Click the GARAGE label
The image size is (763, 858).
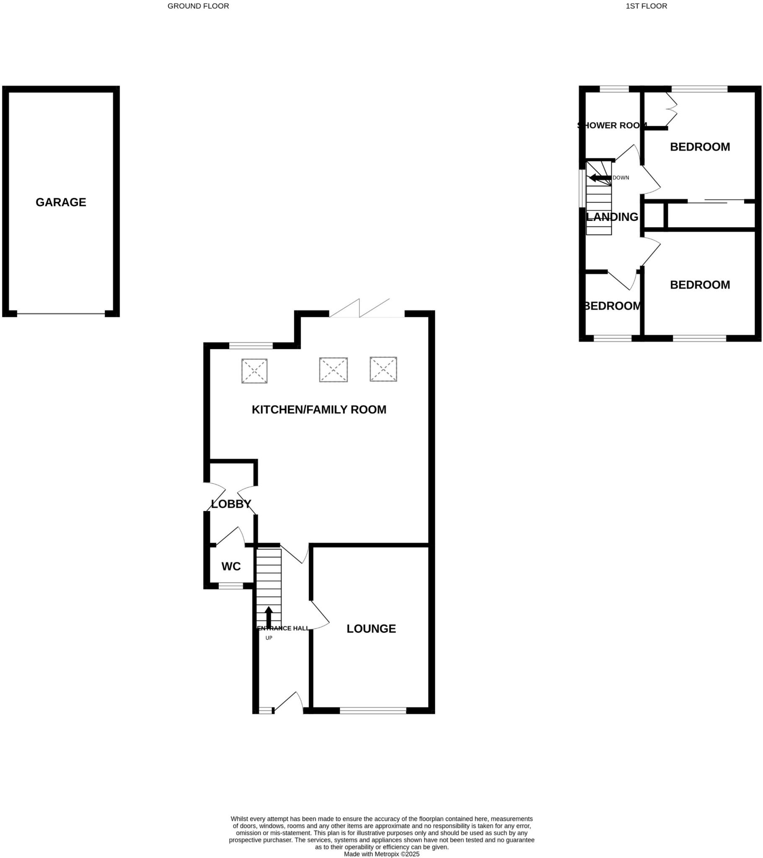click(61, 202)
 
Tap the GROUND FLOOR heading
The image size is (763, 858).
click(198, 6)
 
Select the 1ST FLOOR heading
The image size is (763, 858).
click(646, 6)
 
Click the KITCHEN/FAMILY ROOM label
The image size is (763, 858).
click(319, 410)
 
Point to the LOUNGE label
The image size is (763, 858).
click(371, 628)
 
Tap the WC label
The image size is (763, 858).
click(231, 566)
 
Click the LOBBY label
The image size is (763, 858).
click(231, 504)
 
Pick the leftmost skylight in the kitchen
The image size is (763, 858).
click(254, 371)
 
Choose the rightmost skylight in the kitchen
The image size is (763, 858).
click(383, 369)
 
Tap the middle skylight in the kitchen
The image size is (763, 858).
click(334, 370)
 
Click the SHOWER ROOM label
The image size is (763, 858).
click(612, 125)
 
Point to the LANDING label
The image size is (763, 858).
click(612, 217)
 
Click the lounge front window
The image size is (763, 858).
click(373, 710)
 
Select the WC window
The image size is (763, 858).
click(231, 586)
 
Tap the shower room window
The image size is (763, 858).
click(614, 89)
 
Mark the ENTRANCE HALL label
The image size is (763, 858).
click(282, 628)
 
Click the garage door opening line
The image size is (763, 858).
click(61, 313)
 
